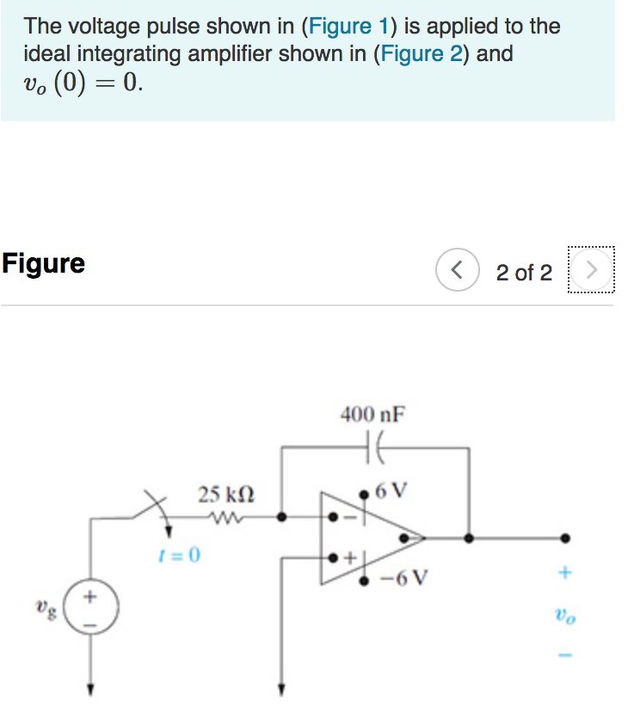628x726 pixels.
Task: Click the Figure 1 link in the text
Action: pos(341,26)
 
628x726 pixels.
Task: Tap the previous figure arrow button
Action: pos(458,272)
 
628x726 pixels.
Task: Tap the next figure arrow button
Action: pos(591,272)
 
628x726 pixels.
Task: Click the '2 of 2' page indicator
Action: pos(524,273)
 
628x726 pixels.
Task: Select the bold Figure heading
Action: pos(43,263)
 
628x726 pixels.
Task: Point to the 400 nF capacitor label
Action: pos(372,415)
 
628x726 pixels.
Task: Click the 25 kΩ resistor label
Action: pos(225,495)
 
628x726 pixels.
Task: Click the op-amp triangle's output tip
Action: pos(424,538)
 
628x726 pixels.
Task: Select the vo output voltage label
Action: pos(564,616)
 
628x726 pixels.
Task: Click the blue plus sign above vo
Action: pos(565,572)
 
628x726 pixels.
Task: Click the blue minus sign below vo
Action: pos(565,655)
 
